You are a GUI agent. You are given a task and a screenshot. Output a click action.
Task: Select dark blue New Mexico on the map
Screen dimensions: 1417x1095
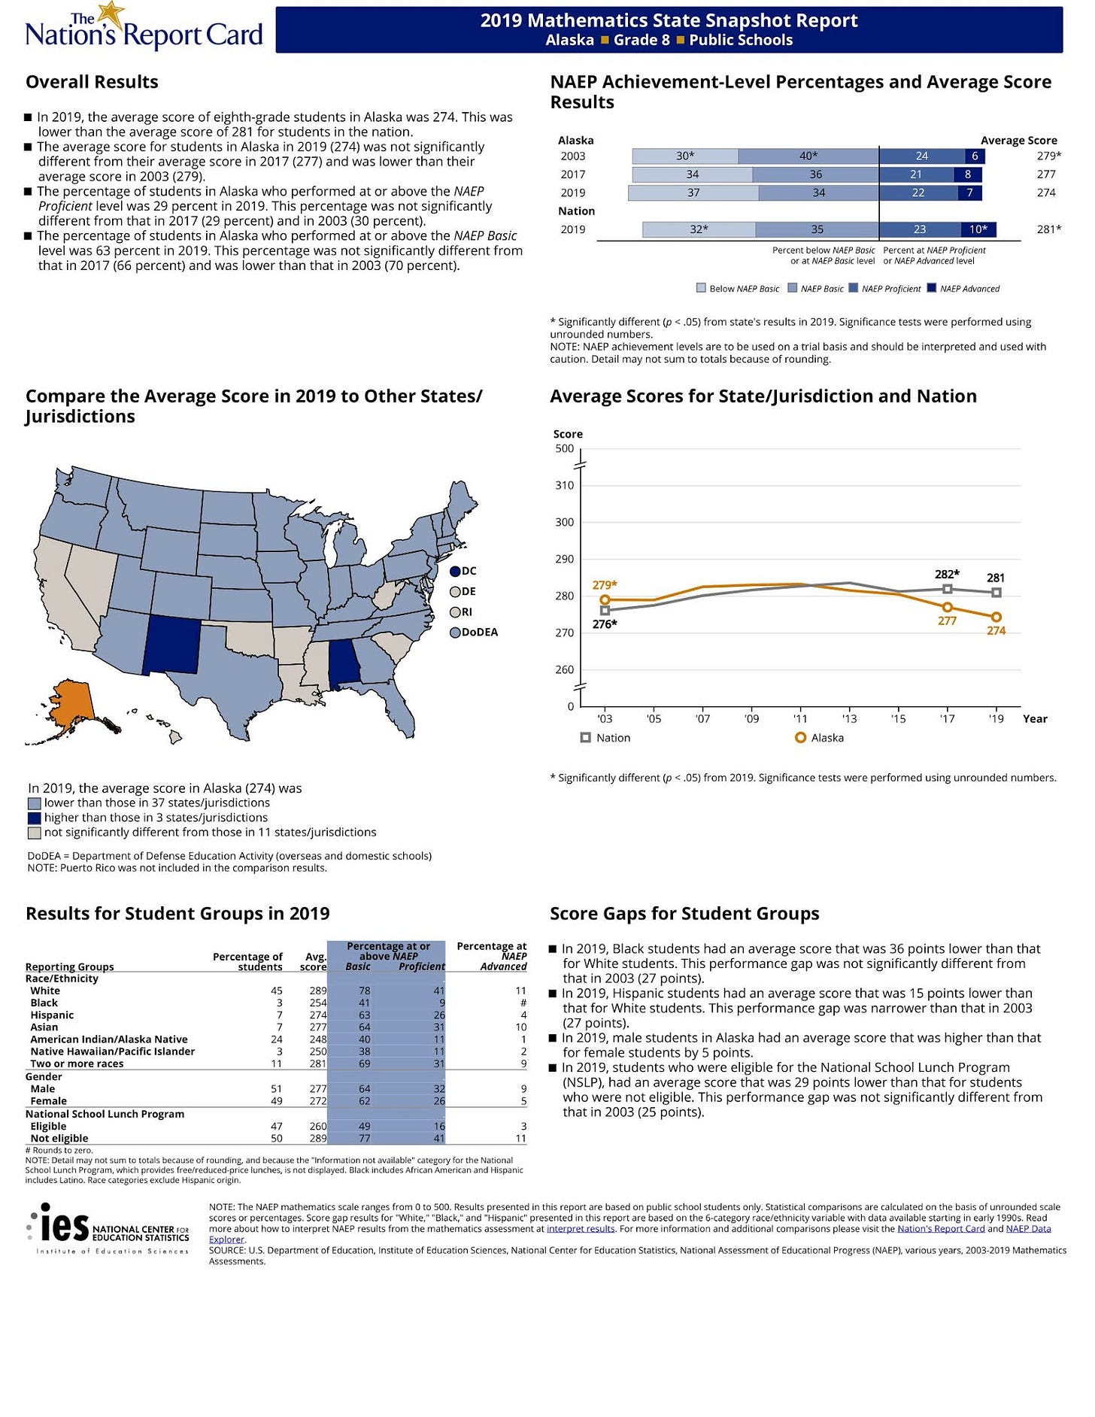[x=171, y=644]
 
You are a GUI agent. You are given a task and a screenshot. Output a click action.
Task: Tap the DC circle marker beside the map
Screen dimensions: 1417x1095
[x=455, y=572]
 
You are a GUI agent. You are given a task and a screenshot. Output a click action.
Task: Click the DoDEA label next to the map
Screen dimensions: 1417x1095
[x=480, y=633]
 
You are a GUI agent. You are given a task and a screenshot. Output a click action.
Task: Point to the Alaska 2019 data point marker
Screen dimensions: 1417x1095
[x=996, y=617]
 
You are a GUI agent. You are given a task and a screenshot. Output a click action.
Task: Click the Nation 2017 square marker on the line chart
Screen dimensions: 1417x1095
[x=947, y=589]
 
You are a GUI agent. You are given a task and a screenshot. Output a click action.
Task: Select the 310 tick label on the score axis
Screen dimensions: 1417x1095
[x=565, y=486]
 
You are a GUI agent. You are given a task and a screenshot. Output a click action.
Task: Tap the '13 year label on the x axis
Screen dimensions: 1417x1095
[x=849, y=719]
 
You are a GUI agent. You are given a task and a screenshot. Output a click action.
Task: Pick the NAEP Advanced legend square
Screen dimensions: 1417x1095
[x=932, y=288]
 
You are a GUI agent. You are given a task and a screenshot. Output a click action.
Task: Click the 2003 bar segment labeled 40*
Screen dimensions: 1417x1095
[x=808, y=156]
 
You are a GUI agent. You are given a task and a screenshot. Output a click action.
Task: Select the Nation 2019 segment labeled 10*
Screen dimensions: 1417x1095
[x=978, y=229]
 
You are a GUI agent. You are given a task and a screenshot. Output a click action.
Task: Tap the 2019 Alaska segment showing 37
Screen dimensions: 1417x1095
[x=693, y=193]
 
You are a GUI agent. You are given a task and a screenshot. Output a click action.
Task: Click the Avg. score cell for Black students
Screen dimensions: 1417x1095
[x=318, y=1003]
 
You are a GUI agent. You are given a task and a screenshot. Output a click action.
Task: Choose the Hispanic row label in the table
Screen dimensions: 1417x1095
[x=52, y=1015]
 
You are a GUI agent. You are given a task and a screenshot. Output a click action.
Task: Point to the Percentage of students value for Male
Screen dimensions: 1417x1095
[x=276, y=1088]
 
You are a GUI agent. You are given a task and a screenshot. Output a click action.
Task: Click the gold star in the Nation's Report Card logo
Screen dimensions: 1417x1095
[x=111, y=13]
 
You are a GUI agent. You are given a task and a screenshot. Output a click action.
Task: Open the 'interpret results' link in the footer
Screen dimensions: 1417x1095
[x=581, y=1228]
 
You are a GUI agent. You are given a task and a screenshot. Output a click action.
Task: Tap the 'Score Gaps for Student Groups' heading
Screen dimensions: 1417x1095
[x=684, y=913]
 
